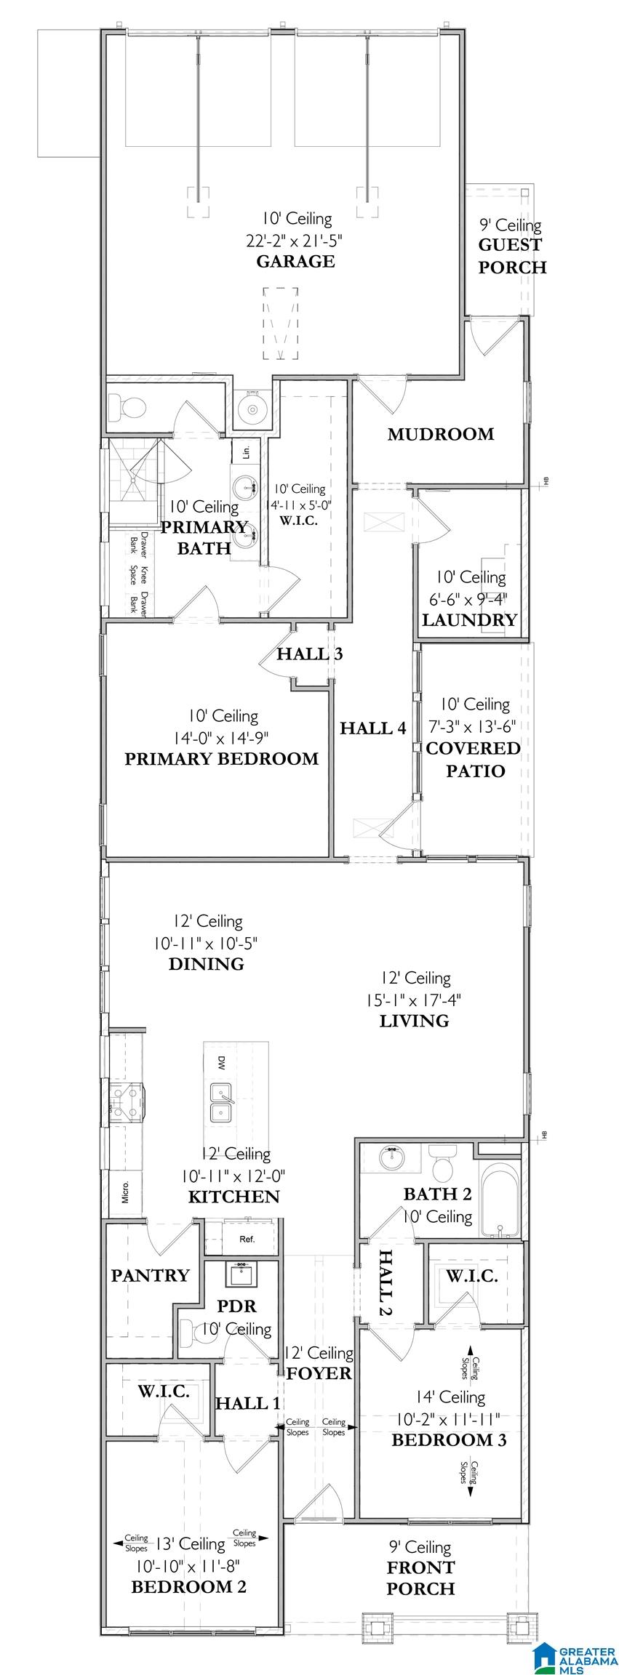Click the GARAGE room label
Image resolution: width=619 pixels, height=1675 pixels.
tap(295, 261)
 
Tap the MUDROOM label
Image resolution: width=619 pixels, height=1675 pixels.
tap(441, 434)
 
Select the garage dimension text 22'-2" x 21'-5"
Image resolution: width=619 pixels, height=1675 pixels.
tap(295, 239)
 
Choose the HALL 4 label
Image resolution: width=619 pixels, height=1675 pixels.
tap(373, 728)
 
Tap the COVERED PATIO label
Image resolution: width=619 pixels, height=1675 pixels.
tap(474, 759)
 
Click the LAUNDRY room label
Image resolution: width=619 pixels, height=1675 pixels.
tap(470, 620)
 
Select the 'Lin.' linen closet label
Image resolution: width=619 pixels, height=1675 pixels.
tap(247, 452)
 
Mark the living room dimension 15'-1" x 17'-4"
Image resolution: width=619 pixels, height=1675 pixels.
tap(414, 1000)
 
